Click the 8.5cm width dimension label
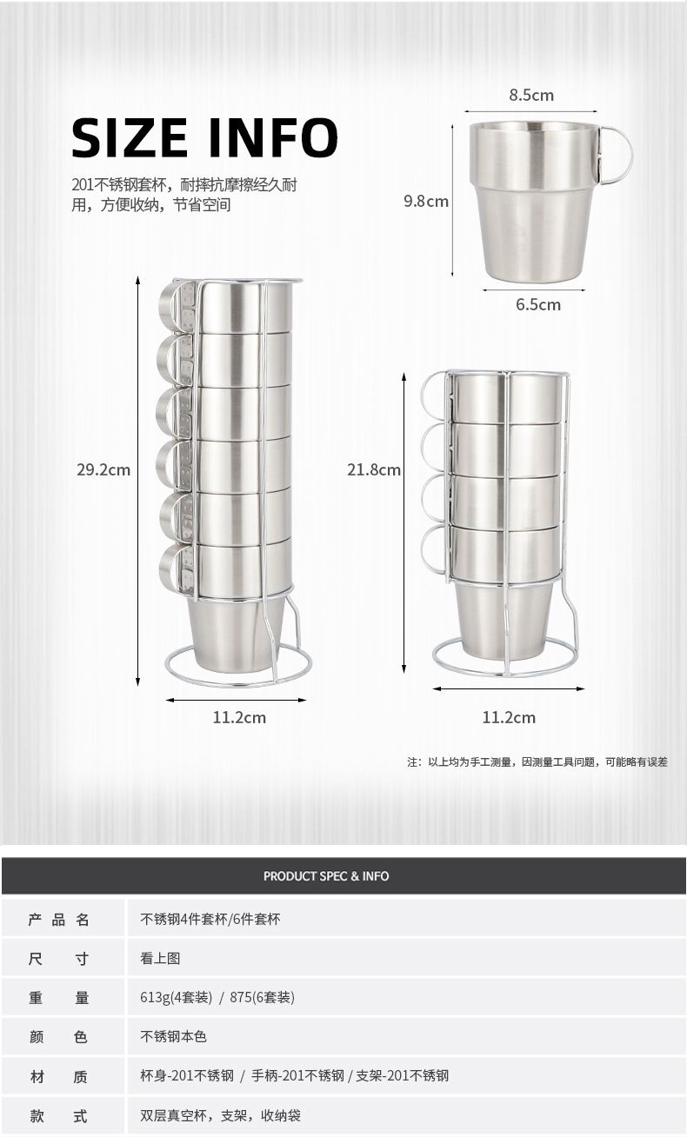click(531, 95)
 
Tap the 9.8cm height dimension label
click(426, 201)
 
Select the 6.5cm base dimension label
click(538, 304)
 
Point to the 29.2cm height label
click(103, 469)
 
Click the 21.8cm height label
click(374, 469)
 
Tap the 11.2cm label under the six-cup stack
click(239, 717)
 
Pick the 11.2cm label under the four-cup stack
click(509, 717)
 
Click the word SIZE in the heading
click(130, 137)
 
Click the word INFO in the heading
click(273, 137)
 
